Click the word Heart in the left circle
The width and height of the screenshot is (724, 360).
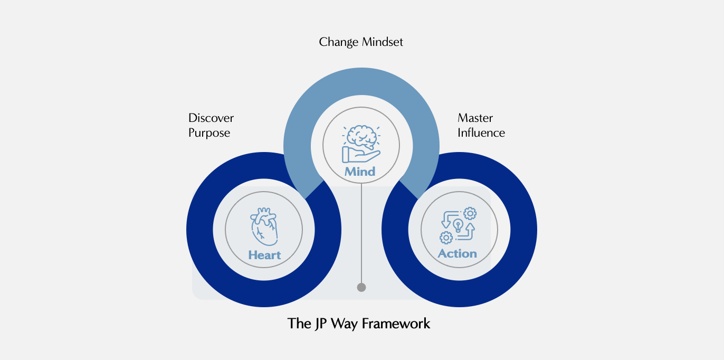pyautogui.click(x=264, y=255)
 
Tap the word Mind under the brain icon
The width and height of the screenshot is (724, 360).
pyautogui.click(x=360, y=172)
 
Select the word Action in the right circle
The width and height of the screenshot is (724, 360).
pyautogui.click(x=457, y=254)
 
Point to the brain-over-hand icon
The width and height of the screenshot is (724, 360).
pyautogui.click(x=361, y=143)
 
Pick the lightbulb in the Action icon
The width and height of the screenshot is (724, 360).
pyautogui.click(x=458, y=225)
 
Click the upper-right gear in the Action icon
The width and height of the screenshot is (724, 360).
pyautogui.click(x=469, y=213)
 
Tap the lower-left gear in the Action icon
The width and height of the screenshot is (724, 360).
pyautogui.click(x=446, y=238)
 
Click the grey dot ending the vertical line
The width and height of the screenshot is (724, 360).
pyautogui.click(x=361, y=288)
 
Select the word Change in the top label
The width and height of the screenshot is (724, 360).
pyautogui.click(x=337, y=42)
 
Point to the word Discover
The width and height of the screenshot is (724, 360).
pyautogui.click(x=211, y=118)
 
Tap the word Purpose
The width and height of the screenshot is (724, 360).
pyautogui.click(x=209, y=132)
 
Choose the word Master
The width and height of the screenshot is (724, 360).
pyautogui.click(x=475, y=118)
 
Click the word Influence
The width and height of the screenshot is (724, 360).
pyautogui.click(x=481, y=132)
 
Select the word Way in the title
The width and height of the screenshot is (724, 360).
pyautogui.click(x=341, y=323)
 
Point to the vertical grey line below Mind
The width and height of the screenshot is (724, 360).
pyautogui.click(x=361, y=232)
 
